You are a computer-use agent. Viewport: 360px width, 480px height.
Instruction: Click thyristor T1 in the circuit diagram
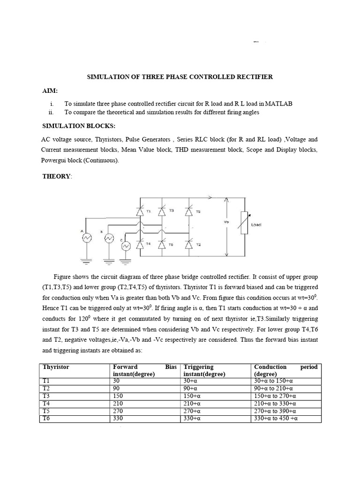coord(140,211)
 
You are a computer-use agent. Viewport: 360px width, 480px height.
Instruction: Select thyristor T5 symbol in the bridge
coord(189,211)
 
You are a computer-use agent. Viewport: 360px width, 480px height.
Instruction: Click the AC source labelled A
coord(87,238)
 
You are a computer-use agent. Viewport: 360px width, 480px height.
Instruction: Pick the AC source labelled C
coord(125,247)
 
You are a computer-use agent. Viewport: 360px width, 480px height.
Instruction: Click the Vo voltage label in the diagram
coord(226,222)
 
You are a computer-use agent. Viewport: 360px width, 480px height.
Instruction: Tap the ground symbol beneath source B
coord(109,259)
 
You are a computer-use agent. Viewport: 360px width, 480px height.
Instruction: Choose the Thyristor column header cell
coord(56,367)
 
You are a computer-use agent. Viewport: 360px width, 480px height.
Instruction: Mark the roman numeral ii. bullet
coord(51,112)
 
